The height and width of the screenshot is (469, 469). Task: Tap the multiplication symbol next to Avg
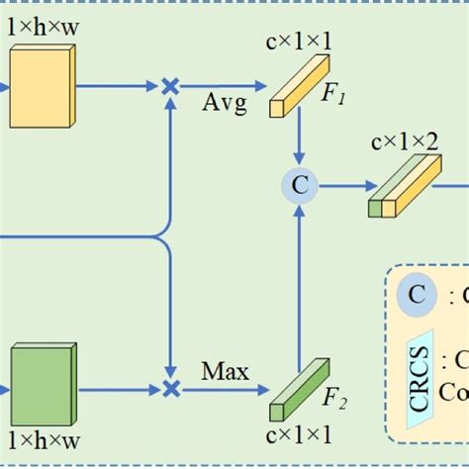coord(170,87)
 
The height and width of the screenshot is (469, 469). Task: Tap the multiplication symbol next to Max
coord(170,387)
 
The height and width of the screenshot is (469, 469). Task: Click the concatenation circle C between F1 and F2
coord(297,184)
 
